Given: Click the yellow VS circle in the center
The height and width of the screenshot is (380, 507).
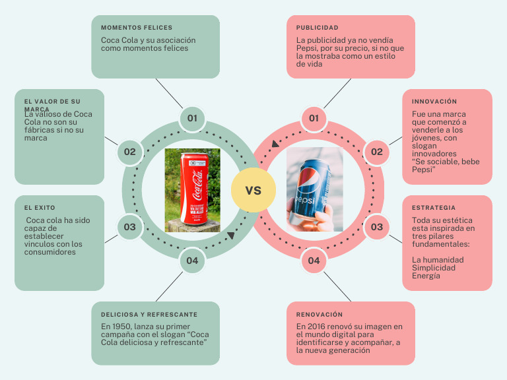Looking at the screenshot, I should pyautogui.click(x=253, y=191).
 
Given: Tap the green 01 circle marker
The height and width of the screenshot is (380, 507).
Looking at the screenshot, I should pyautogui.click(x=192, y=119).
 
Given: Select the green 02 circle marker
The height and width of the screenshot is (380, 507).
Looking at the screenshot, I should pyautogui.click(x=129, y=152).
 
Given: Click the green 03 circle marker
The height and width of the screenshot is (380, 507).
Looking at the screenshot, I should pyautogui.click(x=129, y=227).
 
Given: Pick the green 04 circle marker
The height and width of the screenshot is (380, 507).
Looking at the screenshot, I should pyautogui.click(x=192, y=261).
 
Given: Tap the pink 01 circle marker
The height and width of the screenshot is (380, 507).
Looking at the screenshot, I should pyautogui.click(x=314, y=119).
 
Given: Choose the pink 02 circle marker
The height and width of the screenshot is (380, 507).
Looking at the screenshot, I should pyautogui.click(x=376, y=152).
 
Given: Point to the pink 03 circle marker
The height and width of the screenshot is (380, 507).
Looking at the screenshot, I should pyautogui.click(x=376, y=227).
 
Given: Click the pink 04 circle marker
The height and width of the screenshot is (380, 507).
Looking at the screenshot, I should pyautogui.click(x=314, y=261).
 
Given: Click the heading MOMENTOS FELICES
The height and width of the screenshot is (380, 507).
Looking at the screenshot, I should pyautogui.click(x=137, y=28).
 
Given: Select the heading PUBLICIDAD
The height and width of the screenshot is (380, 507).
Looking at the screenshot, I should pyautogui.click(x=317, y=28).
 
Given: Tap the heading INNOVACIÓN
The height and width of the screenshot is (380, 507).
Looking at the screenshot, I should pyautogui.click(x=434, y=102).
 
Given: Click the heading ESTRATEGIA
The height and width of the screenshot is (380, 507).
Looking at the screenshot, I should pyautogui.click(x=433, y=208).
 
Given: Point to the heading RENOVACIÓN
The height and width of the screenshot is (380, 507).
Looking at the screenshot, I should pyautogui.click(x=320, y=315).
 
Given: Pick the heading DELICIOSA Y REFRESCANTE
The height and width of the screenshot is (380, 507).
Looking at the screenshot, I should pyautogui.click(x=149, y=315).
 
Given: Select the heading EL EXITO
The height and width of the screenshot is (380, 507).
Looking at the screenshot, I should pyautogui.click(x=40, y=208).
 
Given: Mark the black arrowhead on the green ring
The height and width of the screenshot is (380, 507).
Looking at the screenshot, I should pyautogui.click(x=230, y=236).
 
